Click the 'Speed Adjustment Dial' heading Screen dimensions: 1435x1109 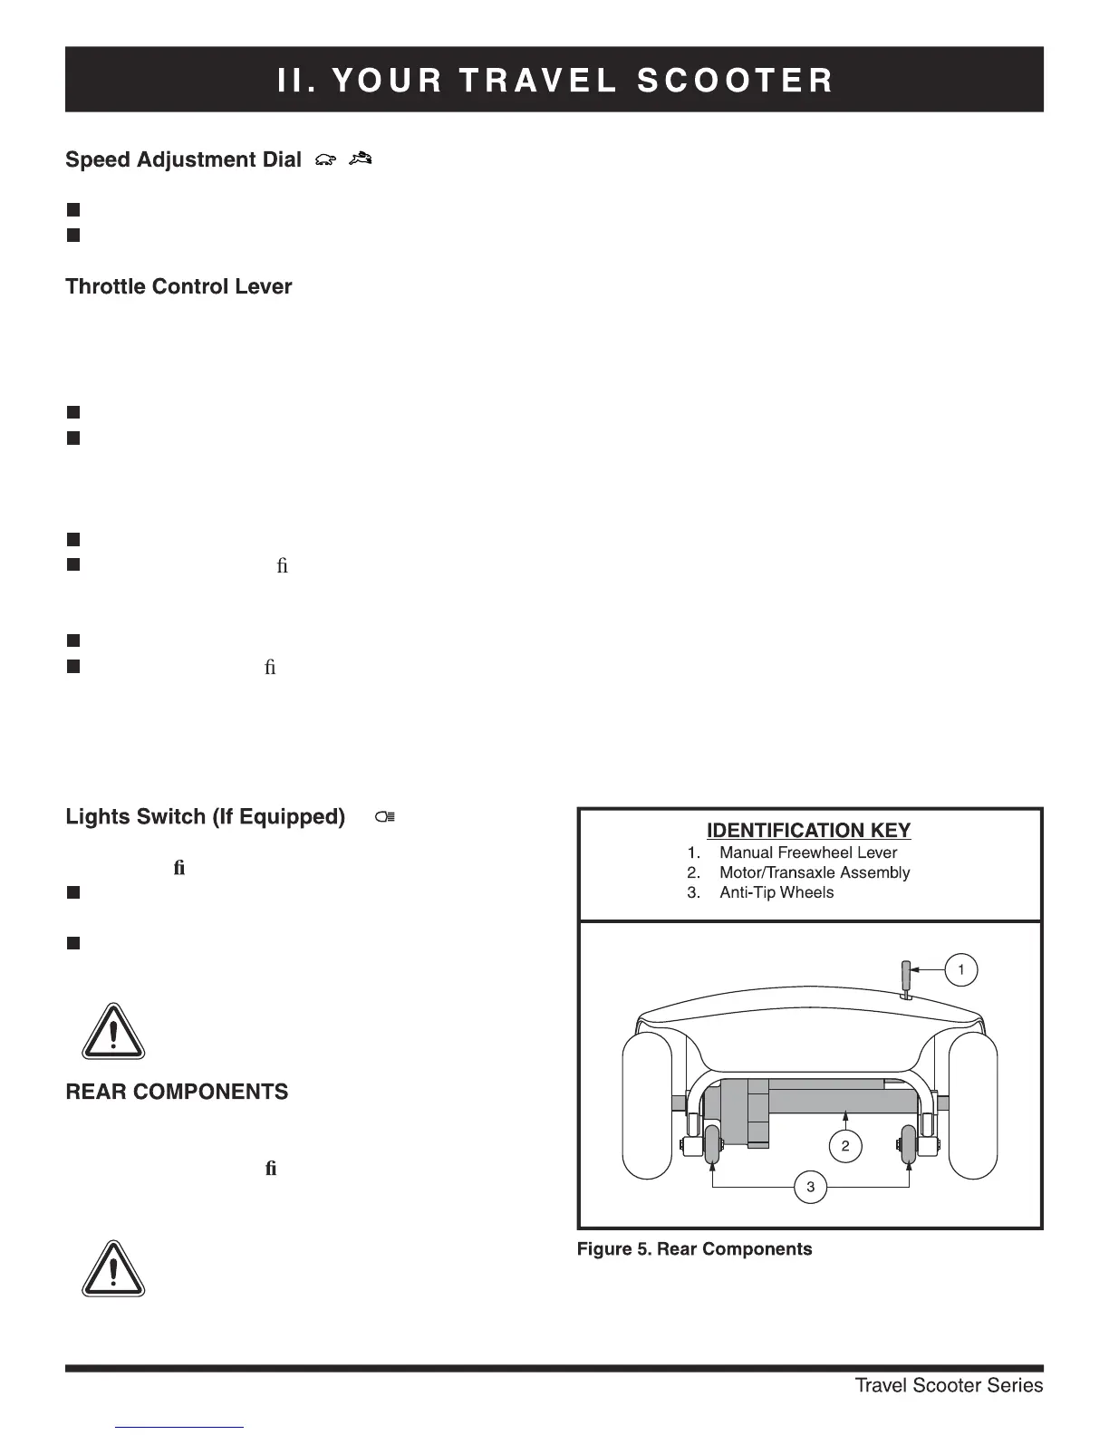pyautogui.click(x=183, y=160)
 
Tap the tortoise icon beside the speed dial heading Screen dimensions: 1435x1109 pyautogui.click(x=325, y=160)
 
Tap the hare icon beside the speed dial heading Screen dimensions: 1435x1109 pyautogui.click(x=360, y=159)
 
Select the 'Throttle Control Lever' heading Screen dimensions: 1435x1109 pyautogui.click(x=178, y=287)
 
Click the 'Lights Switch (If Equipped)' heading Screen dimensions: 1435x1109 pyautogui.click(x=205, y=817)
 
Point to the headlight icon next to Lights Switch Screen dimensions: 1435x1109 pyautogui.click(x=385, y=817)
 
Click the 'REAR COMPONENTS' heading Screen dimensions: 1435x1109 pyautogui.click(x=177, y=1092)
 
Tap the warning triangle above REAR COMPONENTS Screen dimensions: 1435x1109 pyautogui.click(x=112, y=1032)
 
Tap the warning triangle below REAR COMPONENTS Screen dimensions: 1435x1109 pyautogui.click(x=112, y=1269)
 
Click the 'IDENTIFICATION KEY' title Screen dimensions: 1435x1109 pyautogui.click(x=808, y=831)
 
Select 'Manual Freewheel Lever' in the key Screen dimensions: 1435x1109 pyautogui.click(x=807, y=852)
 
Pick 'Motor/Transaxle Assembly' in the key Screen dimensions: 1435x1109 pyautogui.click(x=814, y=872)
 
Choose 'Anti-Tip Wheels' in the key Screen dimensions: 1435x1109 pyautogui.click(x=776, y=892)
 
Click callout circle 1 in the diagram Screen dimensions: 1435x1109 pyautogui.click(x=960, y=970)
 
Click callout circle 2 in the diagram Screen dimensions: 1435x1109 pyautogui.click(x=844, y=1147)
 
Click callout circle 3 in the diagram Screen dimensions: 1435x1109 pyautogui.click(x=810, y=1187)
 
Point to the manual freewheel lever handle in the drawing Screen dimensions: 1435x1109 pyautogui.click(x=904, y=978)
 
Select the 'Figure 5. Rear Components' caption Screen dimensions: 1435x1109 pyautogui.click(x=694, y=1249)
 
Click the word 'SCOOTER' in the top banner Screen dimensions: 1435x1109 pyautogui.click(x=735, y=81)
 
